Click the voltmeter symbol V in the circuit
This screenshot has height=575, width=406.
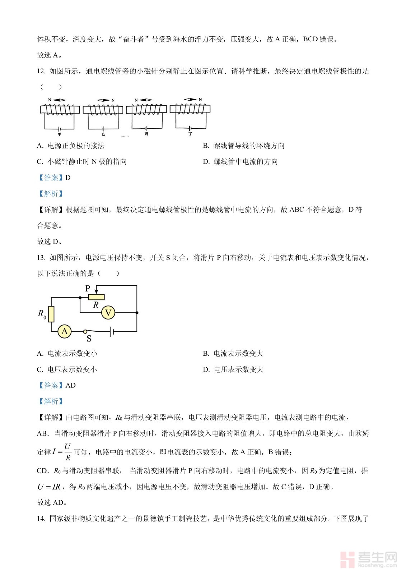pos(108,313)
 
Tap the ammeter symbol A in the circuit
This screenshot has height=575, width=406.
pos(65,331)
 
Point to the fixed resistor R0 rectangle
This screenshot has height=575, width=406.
pos(51,314)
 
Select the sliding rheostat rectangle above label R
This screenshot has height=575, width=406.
pos(96,297)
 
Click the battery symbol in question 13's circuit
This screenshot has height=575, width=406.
pos(112,331)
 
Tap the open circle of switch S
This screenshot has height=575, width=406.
pos(85,331)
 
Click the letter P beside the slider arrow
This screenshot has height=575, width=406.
pos(88,289)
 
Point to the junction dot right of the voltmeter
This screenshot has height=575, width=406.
pos(137,313)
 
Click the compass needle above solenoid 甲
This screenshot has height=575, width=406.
pos(59,100)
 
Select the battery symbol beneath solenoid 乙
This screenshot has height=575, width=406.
pos(103,128)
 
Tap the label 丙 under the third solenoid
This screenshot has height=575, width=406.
pos(146,134)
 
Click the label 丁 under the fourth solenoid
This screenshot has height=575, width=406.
pos(190,134)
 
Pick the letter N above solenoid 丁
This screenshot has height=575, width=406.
pos(200,100)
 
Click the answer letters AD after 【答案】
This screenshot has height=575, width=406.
pos(70,386)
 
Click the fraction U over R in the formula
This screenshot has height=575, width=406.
pos(67,452)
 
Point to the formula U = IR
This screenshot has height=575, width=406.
pos(49,487)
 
